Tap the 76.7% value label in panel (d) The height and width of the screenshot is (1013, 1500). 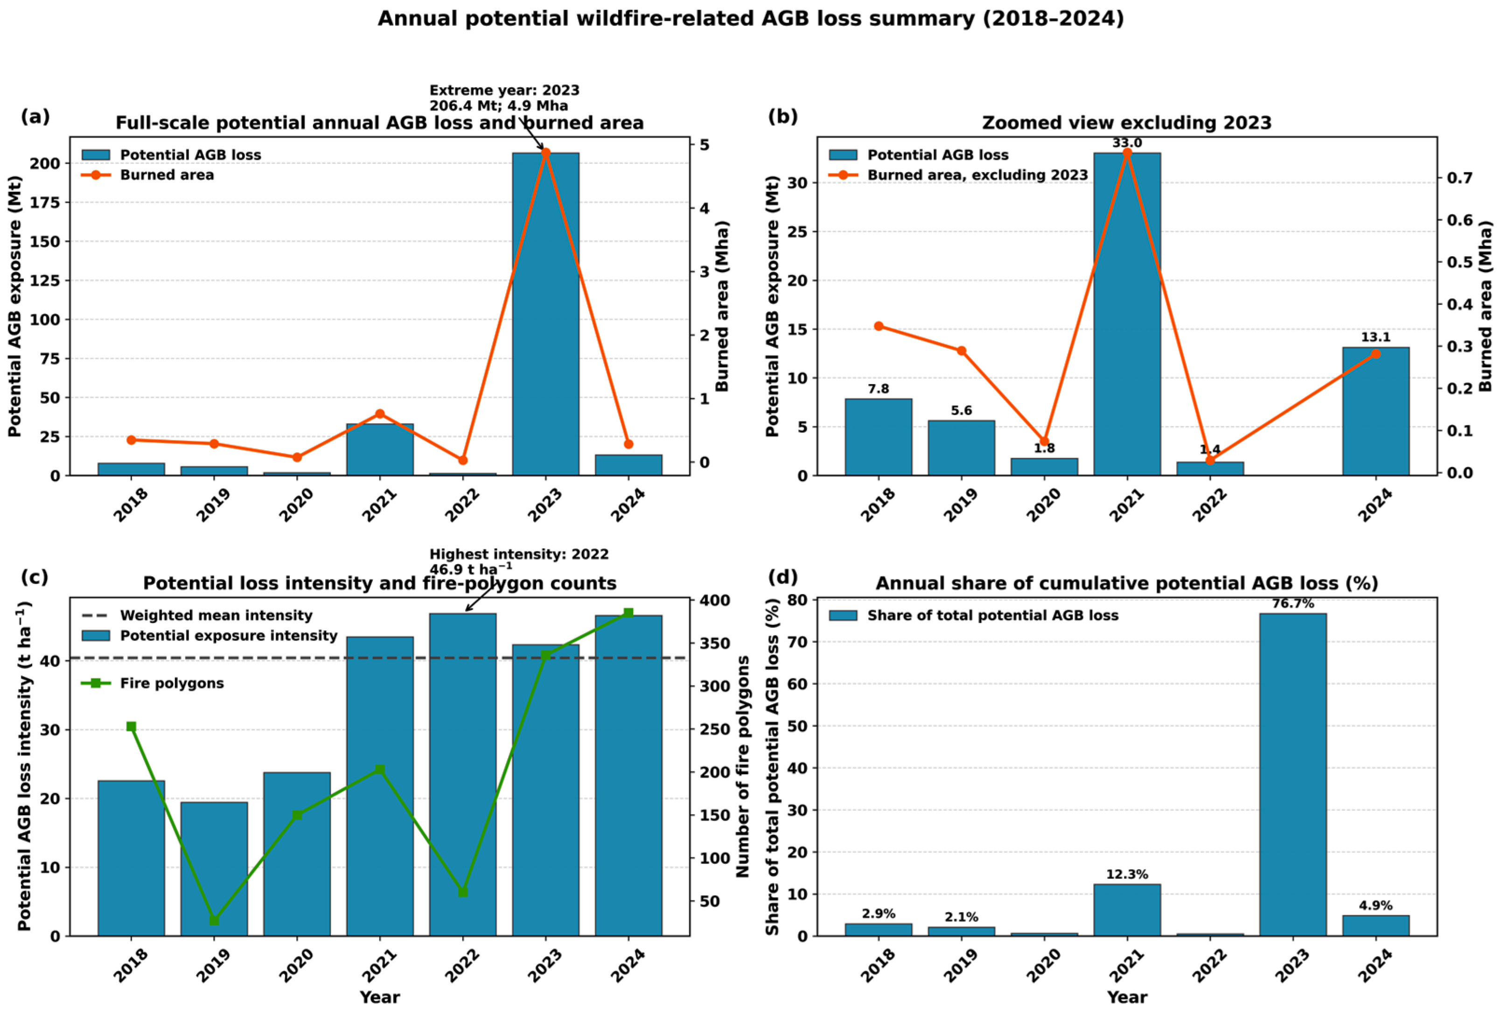point(1293,604)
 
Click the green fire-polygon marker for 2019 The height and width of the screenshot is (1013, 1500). point(214,921)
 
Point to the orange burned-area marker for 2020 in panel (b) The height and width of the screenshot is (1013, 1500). point(1044,441)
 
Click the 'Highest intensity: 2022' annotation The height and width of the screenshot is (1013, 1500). point(519,554)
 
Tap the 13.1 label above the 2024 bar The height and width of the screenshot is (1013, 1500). point(1375,337)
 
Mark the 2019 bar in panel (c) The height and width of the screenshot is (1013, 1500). point(214,869)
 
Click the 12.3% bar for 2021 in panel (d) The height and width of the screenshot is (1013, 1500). point(1127,910)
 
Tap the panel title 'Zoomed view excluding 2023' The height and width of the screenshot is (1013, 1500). point(1127,123)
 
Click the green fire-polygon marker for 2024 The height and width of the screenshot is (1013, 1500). point(628,613)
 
